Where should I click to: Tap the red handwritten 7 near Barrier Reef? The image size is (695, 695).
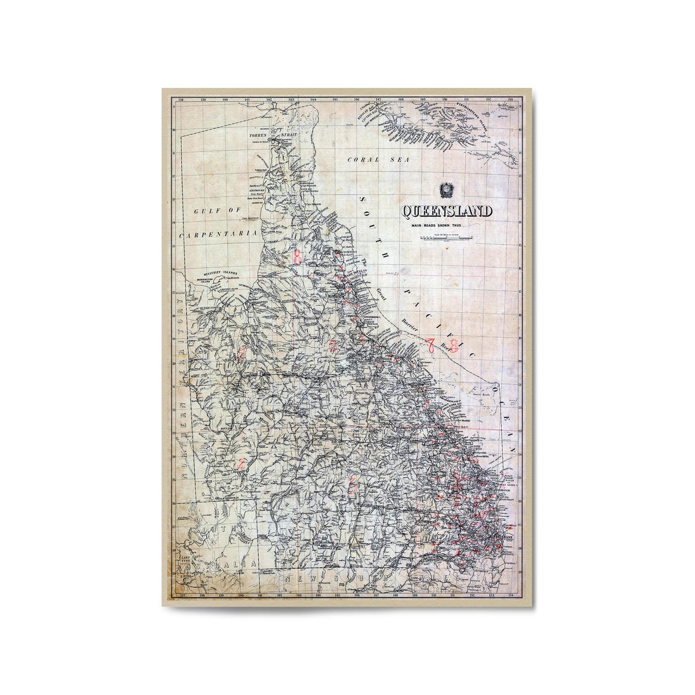tap(432, 346)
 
